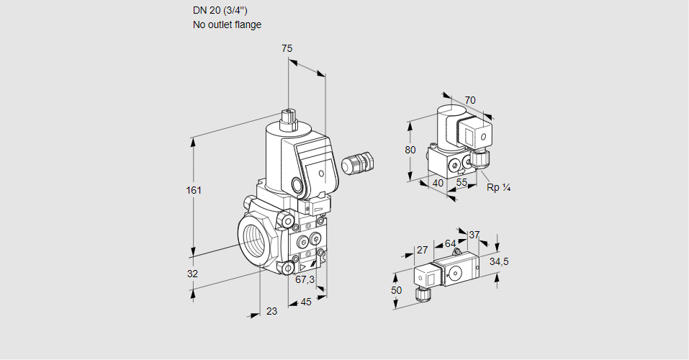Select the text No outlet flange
tap(227, 24)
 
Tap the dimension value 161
tap(194, 191)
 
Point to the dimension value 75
tap(287, 48)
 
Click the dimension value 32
tap(192, 274)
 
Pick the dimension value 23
tap(271, 311)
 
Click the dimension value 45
tap(306, 302)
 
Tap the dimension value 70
tap(470, 100)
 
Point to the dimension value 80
tap(410, 150)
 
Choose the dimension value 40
tap(437, 183)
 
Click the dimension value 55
tap(462, 183)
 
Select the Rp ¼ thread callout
tap(498, 188)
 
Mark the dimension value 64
tap(451, 243)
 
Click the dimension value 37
tap(474, 235)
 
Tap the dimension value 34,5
tap(500, 261)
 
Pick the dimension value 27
tap(423, 250)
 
